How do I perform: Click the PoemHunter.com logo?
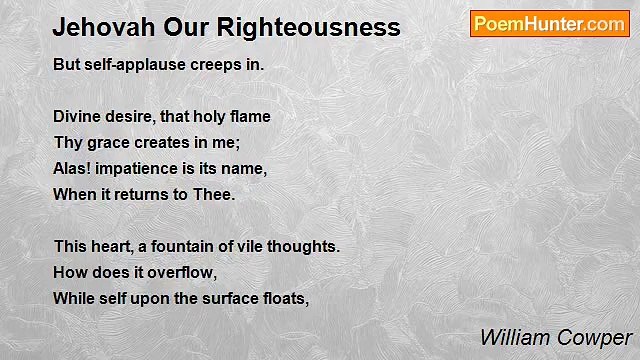(549, 24)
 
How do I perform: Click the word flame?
(249, 116)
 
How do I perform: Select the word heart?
(115, 245)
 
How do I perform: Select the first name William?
(511, 337)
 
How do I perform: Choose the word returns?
(150, 194)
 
